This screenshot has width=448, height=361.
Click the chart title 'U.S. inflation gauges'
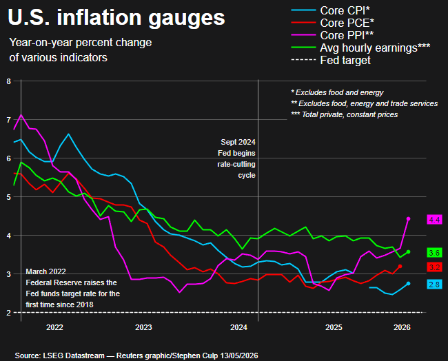(x=116, y=18)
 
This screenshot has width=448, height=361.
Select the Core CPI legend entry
(x=331, y=10)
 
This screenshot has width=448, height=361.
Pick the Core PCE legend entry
(x=333, y=23)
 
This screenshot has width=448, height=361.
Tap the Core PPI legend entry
(x=332, y=35)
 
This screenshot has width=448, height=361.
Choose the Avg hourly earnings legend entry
(x=360, y=48)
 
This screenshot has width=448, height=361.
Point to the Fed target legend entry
(x=331, y=60)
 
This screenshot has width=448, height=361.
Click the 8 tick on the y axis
(x=8, y=81)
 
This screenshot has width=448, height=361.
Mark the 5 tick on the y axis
(x=8, y=197)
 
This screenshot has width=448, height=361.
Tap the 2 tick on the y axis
(x=8, y=313)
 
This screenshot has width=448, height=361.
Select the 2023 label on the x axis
(x=143, y=327)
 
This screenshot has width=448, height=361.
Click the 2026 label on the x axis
(x=402, y=327)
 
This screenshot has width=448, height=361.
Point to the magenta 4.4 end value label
(x=434, y=220)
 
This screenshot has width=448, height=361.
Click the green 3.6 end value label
(x=434, y=253)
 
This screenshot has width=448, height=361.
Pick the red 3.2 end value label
(x=434, y=267)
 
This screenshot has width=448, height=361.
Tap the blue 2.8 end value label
(x=434, y=285)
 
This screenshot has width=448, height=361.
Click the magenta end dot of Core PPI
(x=408, y=219)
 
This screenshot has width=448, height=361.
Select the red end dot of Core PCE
(x=400, y=266)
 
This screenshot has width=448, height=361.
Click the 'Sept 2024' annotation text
(x=238, y=142)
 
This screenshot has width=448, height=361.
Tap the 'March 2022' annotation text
(x=45, y=271)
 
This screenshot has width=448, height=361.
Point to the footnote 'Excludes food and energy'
(x=339, y=92)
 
